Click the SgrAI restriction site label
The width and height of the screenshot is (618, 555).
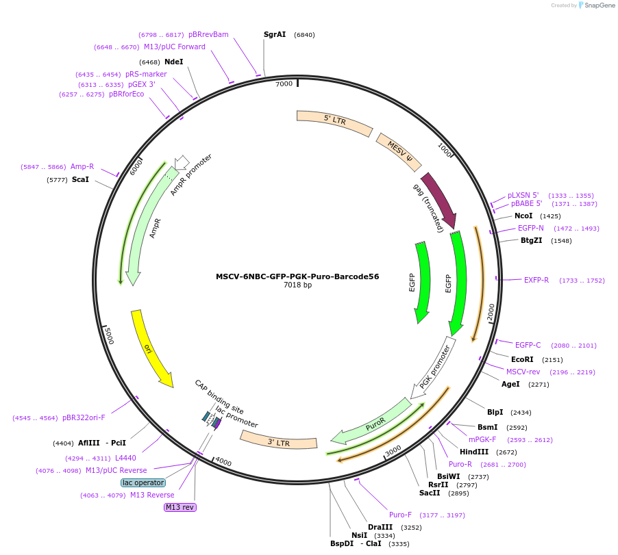(274, 34)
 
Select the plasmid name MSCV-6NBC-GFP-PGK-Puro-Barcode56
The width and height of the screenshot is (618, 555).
(297, 276)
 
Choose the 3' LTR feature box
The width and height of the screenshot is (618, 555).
(279, 440)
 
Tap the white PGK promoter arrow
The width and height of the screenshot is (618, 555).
(434, 366)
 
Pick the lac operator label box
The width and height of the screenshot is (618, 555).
(143, 482)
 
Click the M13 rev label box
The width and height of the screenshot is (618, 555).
(180, 507)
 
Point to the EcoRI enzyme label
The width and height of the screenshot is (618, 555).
(522, 359)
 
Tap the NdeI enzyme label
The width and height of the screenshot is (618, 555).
(174, 62)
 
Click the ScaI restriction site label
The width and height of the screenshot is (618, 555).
(80, 179)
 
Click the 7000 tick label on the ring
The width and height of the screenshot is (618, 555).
(284, 83)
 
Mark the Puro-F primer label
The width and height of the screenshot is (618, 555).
(400, 515)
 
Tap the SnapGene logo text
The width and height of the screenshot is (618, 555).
(597, 5)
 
